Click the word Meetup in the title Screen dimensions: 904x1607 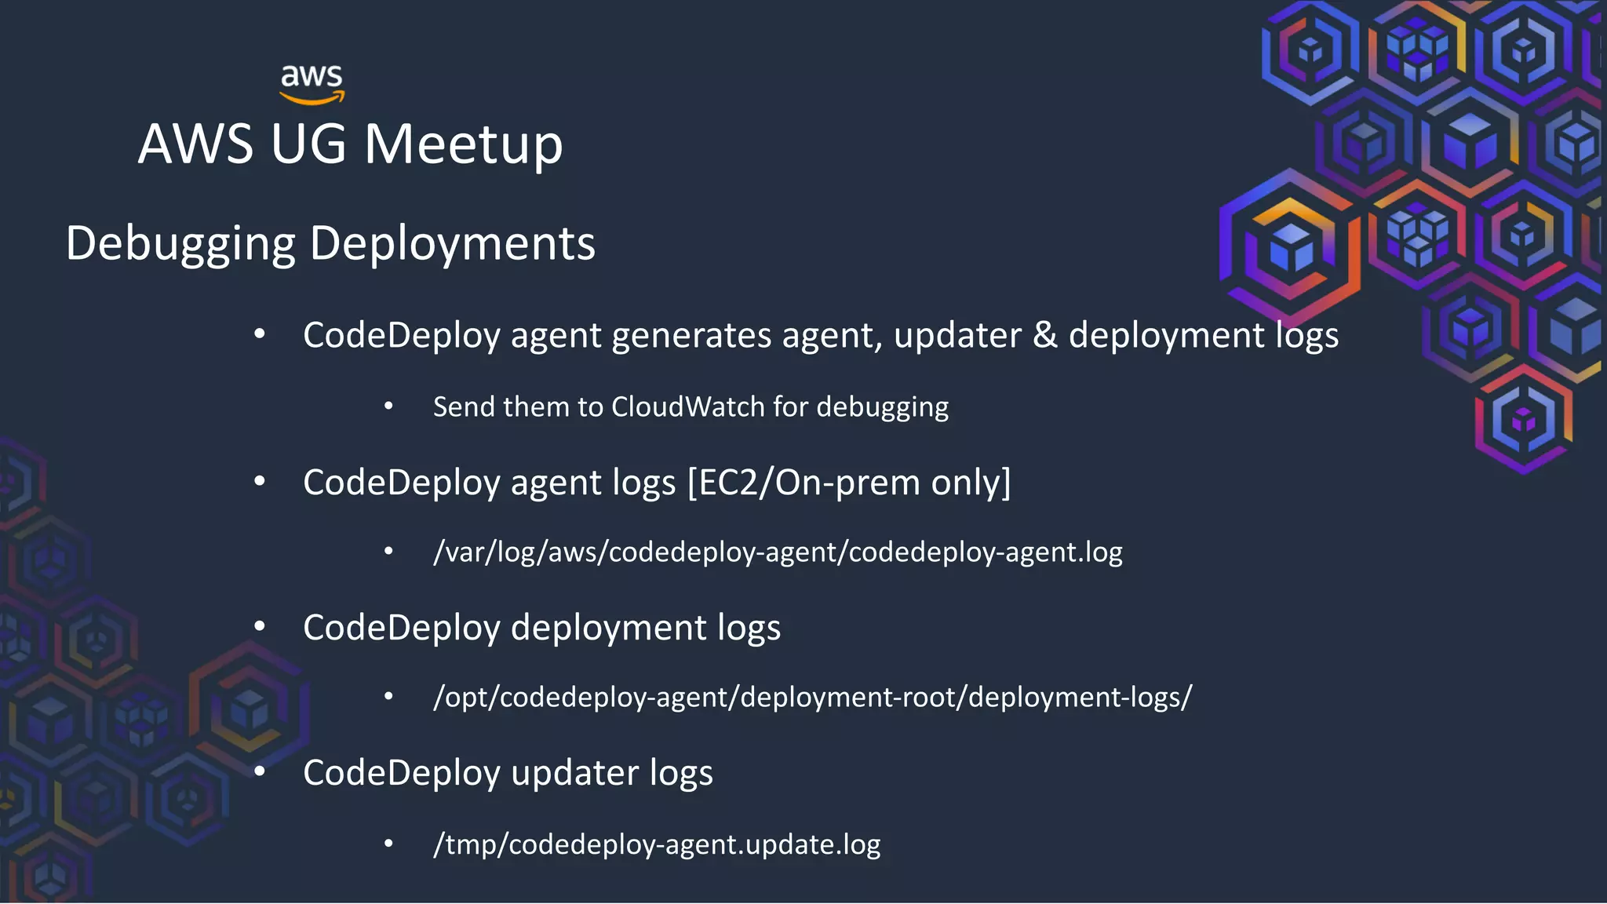click(463, 144)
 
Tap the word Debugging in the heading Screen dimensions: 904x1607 click(180, 243)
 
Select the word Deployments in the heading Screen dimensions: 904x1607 click(452, 243)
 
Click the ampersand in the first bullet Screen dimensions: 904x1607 click(1044, 335)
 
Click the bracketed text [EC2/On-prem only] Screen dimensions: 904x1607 click(849, 483)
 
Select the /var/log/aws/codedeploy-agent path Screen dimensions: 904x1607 click(778, 552)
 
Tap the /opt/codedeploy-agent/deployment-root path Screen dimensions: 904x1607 click(812, 697)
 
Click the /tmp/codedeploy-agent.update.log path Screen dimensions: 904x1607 click(657, 844)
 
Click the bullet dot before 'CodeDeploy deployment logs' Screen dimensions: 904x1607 click(260, 627)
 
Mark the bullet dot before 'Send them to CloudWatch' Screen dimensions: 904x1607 click(388, 406)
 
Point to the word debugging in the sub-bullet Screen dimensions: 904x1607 click(882, 407)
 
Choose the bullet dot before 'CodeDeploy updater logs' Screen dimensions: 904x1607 click(260, 772)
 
